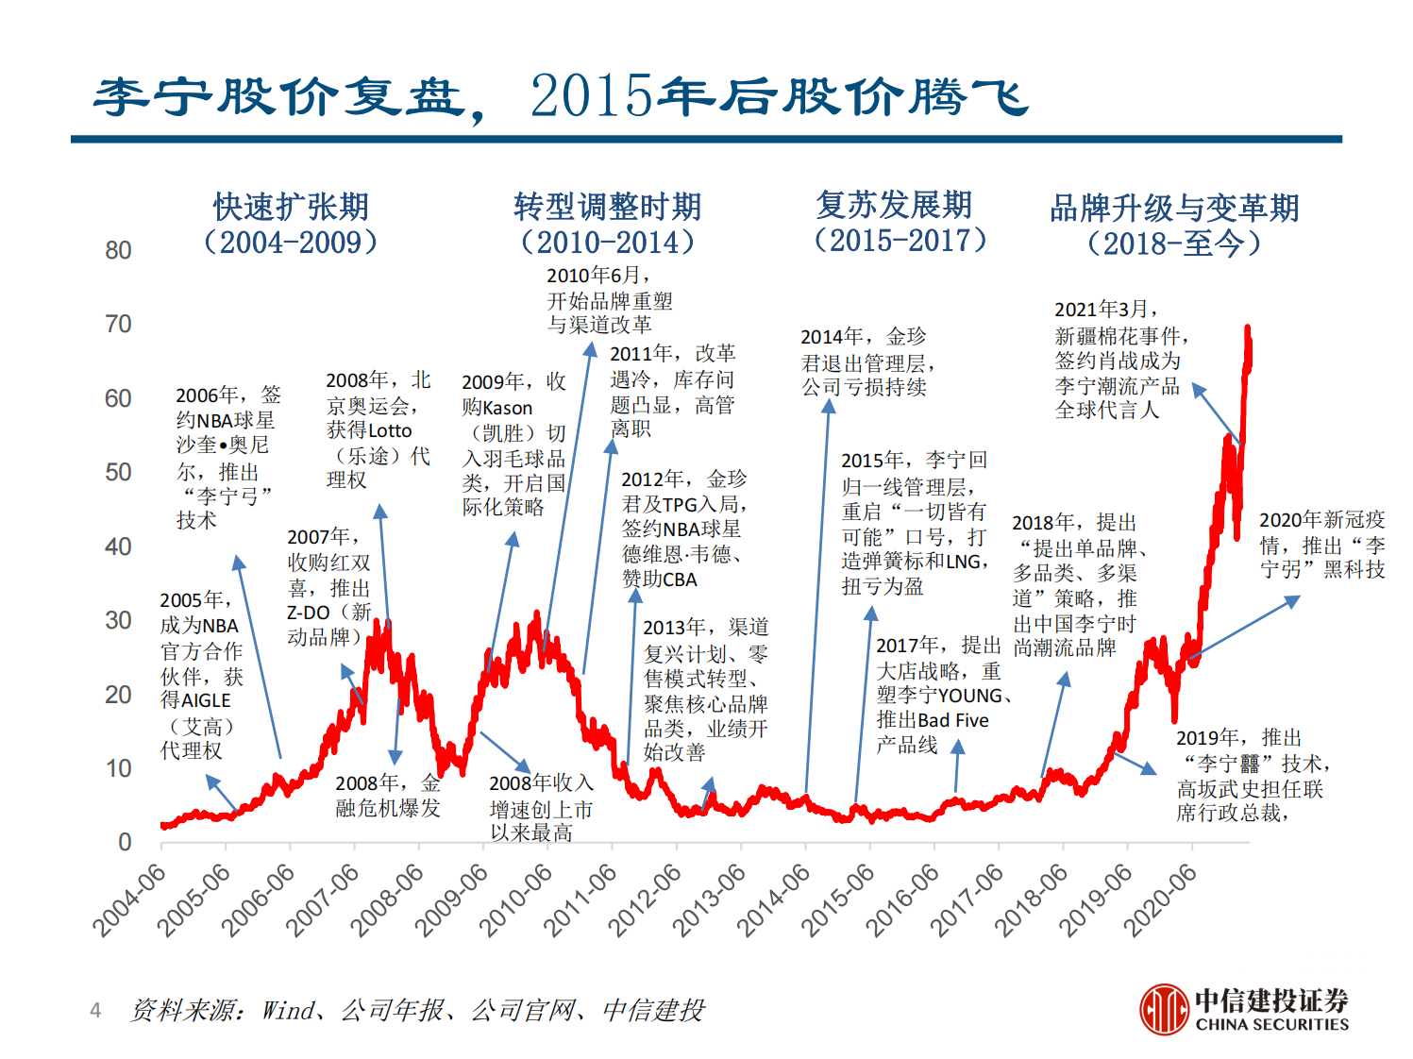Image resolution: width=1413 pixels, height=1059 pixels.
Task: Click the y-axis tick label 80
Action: (118, 250)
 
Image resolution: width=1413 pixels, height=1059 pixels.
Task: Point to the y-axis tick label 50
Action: (118, 472)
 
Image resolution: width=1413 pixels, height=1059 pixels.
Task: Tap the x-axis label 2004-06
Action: (129, 900)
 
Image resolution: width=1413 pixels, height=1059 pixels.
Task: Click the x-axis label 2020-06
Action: (1161, 900)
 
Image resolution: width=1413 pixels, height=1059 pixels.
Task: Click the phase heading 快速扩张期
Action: (291, 207)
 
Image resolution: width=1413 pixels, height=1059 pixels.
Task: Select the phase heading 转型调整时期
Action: (607, 207)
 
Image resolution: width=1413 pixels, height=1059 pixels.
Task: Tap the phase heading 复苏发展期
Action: (894, 205)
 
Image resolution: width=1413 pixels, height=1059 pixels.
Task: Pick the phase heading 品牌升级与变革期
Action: (1174, 208)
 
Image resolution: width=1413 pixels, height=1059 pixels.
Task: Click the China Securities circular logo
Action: (1163, 1009)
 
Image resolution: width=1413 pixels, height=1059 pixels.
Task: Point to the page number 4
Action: (95, 1011)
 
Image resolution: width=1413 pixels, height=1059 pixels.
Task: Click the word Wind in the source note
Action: (288, 1011)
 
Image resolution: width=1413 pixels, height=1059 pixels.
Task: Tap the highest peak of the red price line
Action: (1247, 330)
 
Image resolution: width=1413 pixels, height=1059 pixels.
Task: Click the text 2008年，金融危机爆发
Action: (388, 796)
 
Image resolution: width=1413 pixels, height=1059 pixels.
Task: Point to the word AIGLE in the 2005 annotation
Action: (205, 700)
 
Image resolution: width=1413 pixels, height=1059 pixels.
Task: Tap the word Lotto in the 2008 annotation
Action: (389, 430)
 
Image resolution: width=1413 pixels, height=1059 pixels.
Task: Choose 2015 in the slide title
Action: (591, 96)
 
